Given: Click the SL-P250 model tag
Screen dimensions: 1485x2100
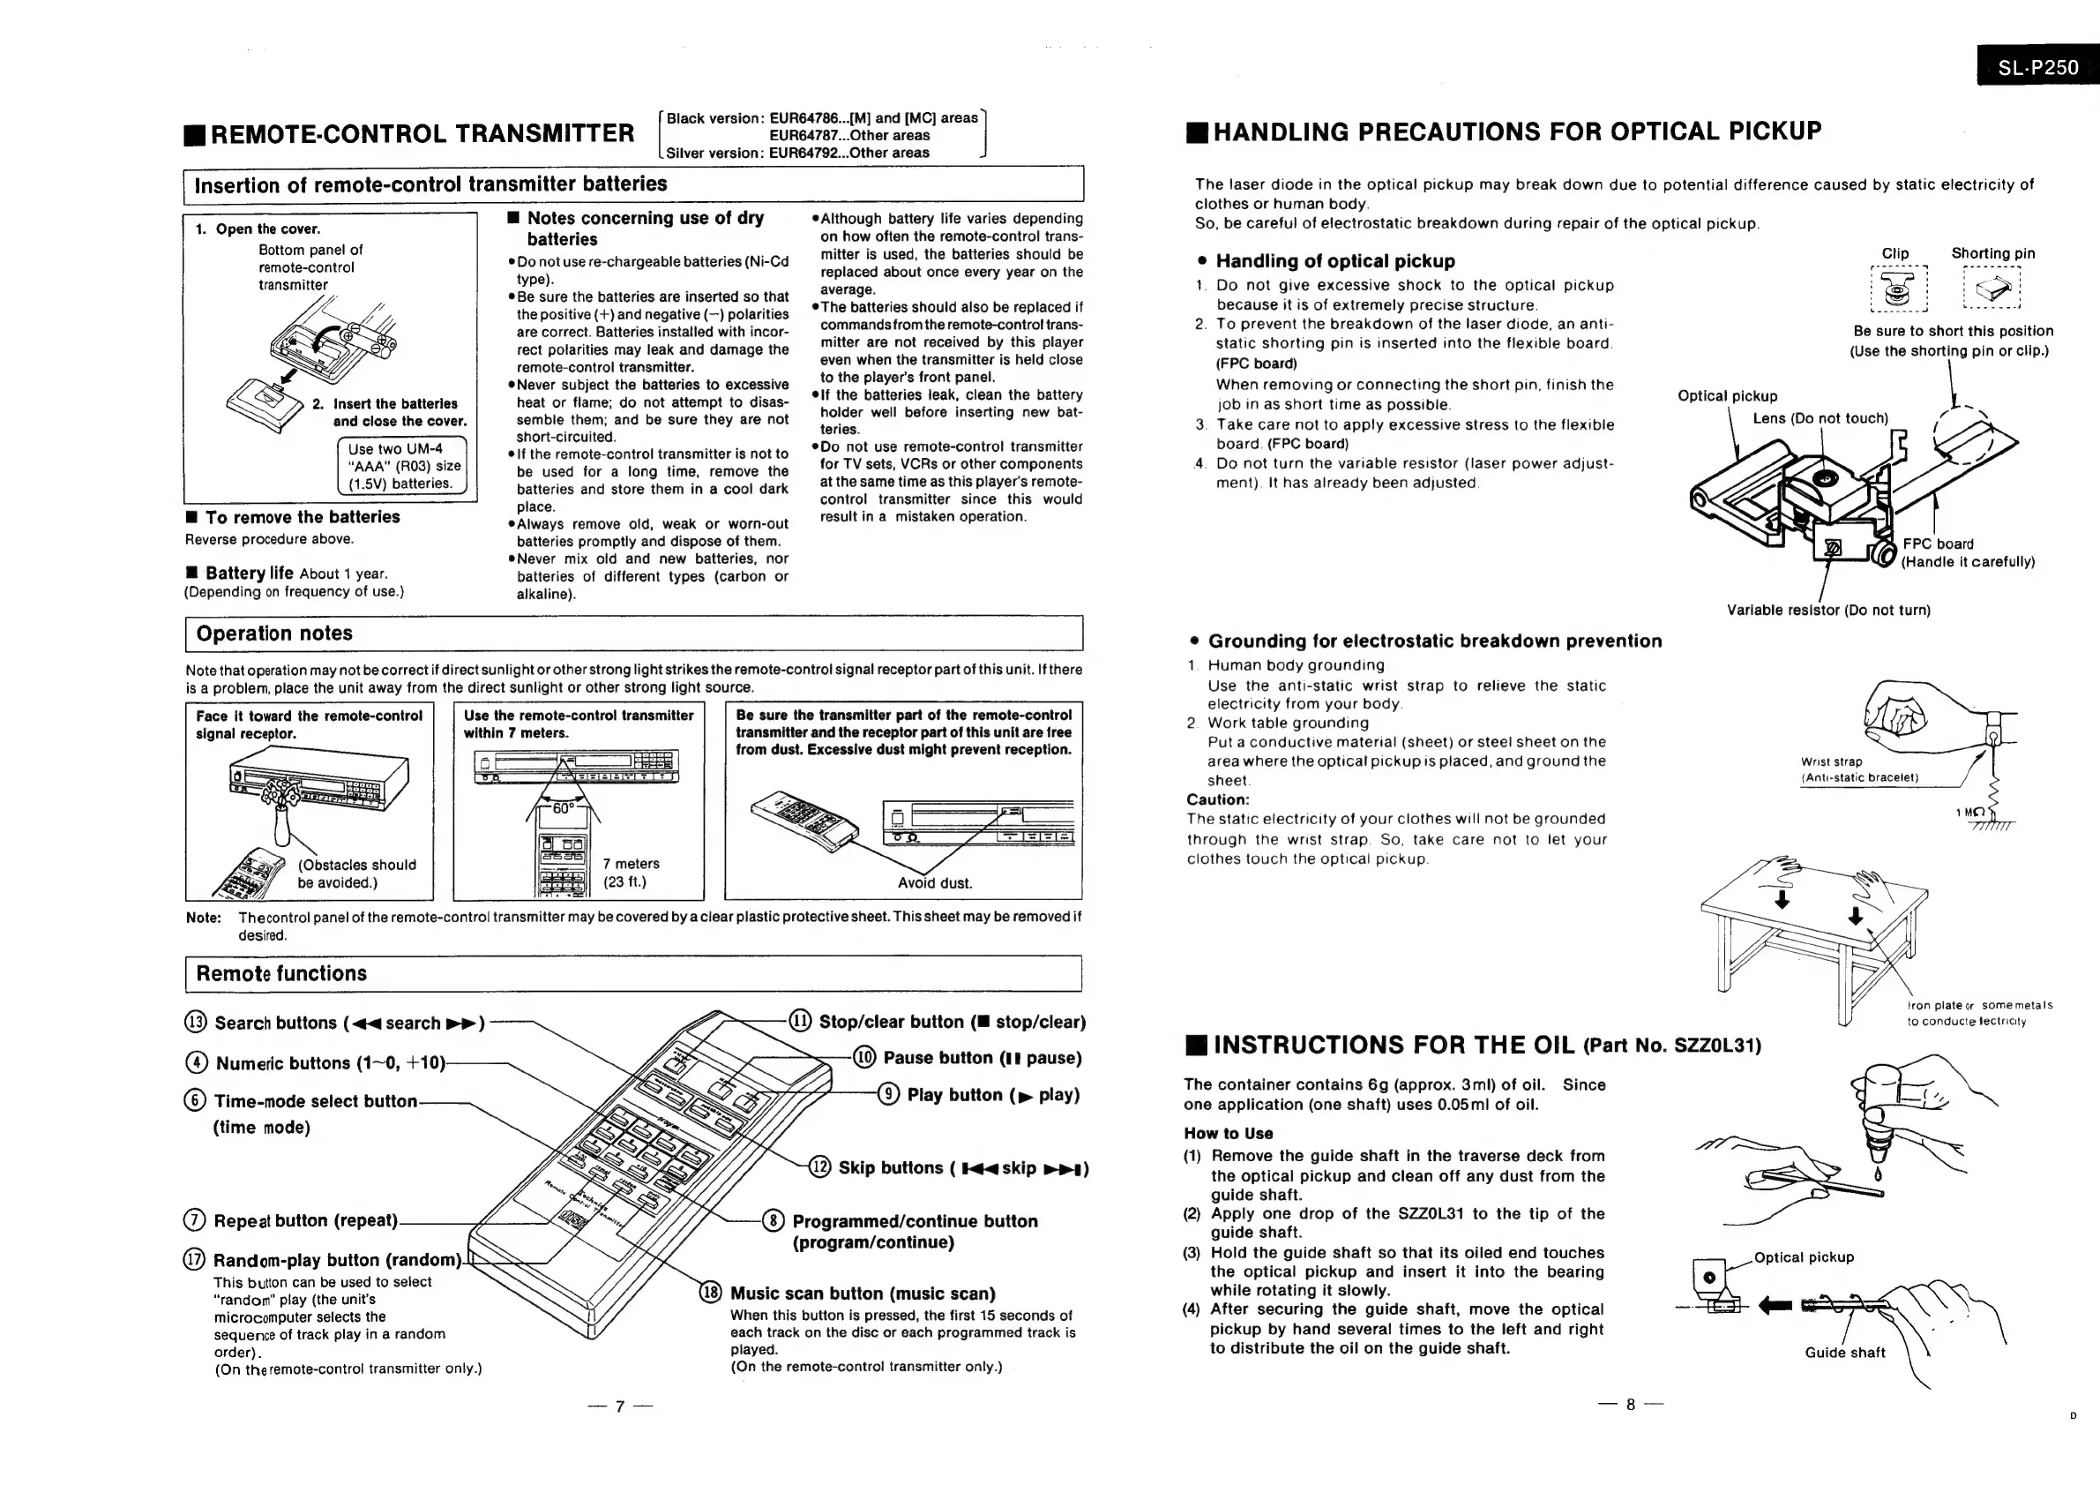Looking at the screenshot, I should [x=2036, y=67].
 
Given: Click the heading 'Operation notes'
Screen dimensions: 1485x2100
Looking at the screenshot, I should [x=273, y=634].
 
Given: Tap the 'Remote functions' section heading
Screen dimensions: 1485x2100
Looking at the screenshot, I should [x=280, y=973].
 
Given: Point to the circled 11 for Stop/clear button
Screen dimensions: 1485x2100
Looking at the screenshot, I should [x=799, y=1021].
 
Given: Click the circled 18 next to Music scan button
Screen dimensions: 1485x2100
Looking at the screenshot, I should [x=711, y=1293].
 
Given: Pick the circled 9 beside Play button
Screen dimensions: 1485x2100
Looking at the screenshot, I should [x=888, y=1094].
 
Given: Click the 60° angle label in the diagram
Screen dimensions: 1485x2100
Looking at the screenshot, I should [x=564, y=808].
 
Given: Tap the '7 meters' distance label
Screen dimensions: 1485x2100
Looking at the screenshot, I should [x=631, y=863].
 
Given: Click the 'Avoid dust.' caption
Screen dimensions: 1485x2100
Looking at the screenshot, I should [x=935, y=883].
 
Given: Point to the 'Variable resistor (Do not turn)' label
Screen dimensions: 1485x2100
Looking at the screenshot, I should [x=1827, y=611].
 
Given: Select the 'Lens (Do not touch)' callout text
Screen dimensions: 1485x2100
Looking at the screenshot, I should [x=1820, y=418].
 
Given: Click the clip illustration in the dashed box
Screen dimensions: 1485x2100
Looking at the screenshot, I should [x=1899, y=290].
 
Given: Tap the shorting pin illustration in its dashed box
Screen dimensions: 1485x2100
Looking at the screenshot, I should [x=1993, y=290].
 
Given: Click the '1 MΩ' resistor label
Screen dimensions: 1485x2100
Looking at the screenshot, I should [x=1969, y=813].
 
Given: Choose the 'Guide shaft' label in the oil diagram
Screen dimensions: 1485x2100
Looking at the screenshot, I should [x=1844, y=1353].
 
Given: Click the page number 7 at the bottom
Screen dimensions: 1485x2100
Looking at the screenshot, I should [x=619, y=1406].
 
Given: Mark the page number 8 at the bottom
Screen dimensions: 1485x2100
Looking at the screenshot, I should [x=1630, y=1405].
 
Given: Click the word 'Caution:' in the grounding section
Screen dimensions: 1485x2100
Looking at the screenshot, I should [x=1217, y=799].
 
